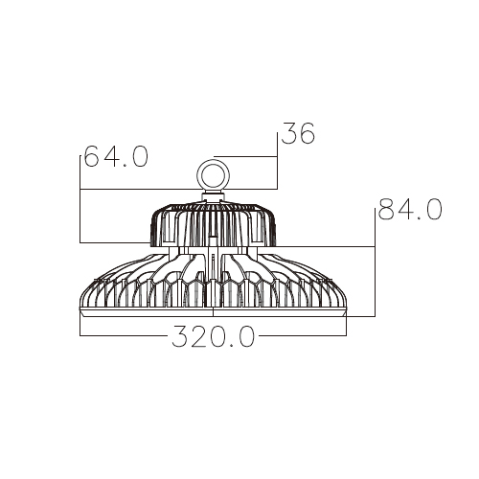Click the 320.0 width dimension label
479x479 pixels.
point(214,336)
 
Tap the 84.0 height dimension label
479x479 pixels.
point(410,209)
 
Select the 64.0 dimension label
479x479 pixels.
point(116,156)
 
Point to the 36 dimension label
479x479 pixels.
point(298,133)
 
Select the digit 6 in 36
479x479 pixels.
point(307,133)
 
